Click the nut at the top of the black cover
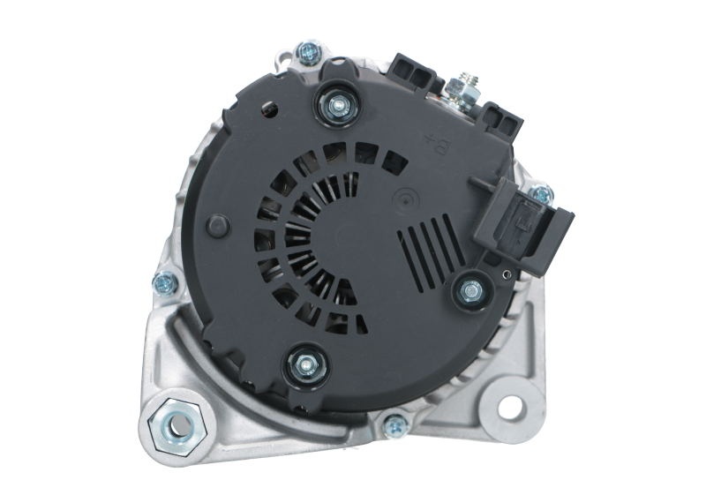tap(338, 104)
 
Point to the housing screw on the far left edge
tap(162, 282)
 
